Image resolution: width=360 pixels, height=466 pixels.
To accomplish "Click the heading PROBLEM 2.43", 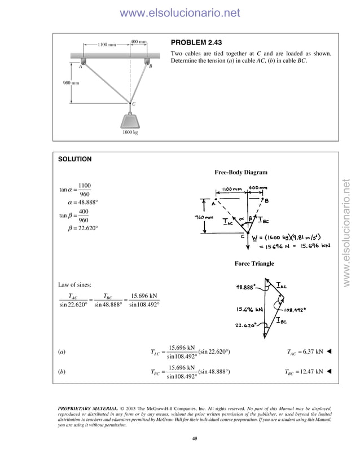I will tap(197, 43).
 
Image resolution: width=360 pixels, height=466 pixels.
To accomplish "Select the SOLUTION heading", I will tap(74, 159).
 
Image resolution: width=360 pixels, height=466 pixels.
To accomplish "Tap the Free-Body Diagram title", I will tap(241, 172).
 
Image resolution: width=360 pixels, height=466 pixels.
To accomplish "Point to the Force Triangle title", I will tap(254, 263).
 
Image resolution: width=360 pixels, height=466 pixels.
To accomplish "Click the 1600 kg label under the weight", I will tap(130, 133).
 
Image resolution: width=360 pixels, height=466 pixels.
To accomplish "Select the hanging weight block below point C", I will tap(130, 121).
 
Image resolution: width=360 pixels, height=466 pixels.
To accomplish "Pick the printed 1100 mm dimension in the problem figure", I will tap(107, 45).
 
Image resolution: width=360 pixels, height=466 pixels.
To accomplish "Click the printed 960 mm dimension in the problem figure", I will tap(71, 83).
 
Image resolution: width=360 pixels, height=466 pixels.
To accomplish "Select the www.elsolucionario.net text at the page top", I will tap(180, 12).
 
